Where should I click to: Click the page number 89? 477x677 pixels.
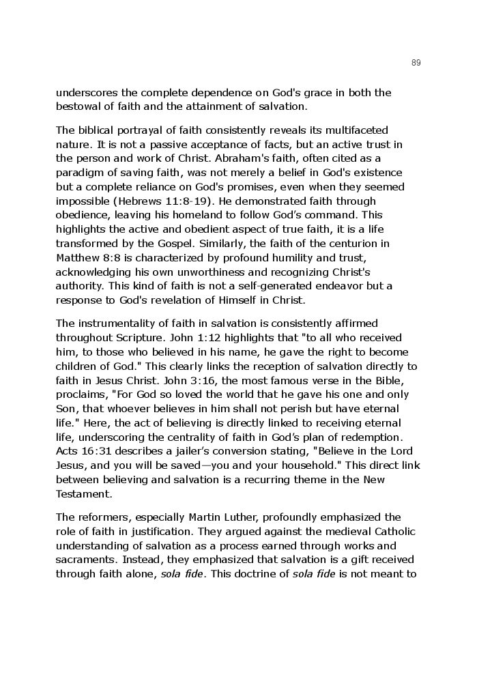(x=416, y=63)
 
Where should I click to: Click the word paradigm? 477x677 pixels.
(x=81, y=173)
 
